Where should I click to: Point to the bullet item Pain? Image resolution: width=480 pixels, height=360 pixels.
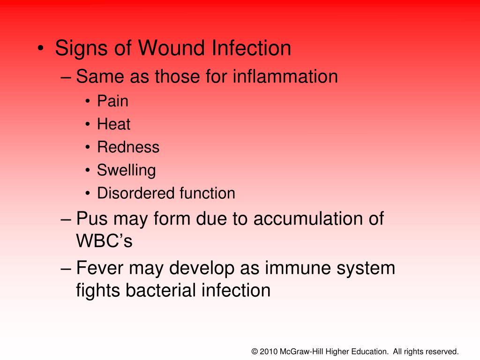112,101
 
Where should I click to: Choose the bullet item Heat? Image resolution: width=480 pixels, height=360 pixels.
113,124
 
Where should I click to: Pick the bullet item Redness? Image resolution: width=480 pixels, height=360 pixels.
128,147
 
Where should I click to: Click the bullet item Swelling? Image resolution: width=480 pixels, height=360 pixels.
126,171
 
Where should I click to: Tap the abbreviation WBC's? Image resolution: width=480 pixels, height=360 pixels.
105,241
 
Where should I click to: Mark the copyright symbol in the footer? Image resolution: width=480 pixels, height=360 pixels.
255,351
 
